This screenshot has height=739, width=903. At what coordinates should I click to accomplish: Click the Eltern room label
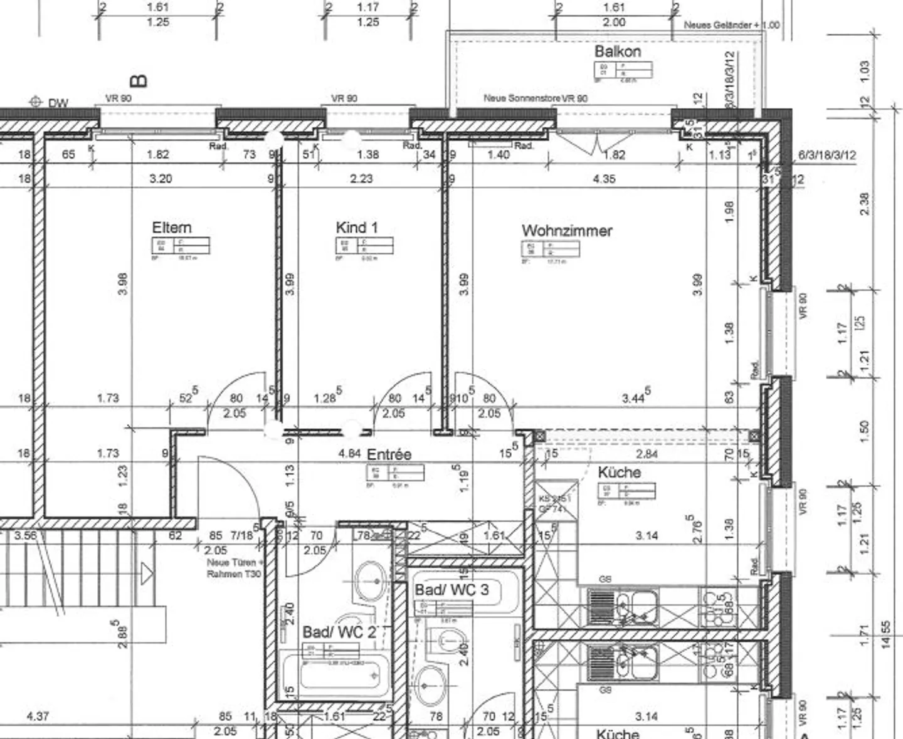[171, 228]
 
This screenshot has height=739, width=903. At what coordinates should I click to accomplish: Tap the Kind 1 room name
[356, 228]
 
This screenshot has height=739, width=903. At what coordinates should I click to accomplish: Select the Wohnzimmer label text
[566, 231]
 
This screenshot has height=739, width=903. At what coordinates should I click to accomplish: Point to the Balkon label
[617, 51]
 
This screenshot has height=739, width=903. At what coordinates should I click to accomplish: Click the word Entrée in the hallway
[389, 454]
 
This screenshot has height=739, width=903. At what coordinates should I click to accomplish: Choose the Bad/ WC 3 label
[451, 590]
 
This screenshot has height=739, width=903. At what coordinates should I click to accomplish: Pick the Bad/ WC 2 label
[339, 632]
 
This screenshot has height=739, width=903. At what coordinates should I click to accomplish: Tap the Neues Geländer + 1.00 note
[731, 25]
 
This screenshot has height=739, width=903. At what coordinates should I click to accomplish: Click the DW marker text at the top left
[58, 103]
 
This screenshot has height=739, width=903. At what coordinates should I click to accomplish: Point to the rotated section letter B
[139, 81]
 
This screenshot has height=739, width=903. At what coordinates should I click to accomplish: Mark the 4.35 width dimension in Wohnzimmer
[603, 179]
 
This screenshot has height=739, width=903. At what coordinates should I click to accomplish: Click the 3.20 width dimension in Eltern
[161, 179]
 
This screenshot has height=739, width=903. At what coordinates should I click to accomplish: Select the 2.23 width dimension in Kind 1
[361, 179]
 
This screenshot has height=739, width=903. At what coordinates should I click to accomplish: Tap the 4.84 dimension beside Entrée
[349, 453]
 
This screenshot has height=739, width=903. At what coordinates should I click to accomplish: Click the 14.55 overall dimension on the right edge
[885, 635]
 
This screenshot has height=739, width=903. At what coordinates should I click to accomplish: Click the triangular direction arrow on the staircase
[146, 573]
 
